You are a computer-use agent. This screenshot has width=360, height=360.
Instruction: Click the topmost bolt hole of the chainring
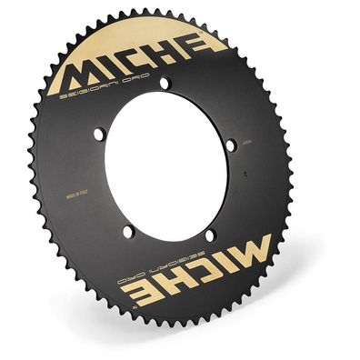pyautogui.click(x=165, y=84)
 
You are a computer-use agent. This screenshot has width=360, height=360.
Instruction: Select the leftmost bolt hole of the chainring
pyautogui.click(x=99, y=135)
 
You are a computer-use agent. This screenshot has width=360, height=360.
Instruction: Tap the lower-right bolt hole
pyautogui.click(x=211, y=235)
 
